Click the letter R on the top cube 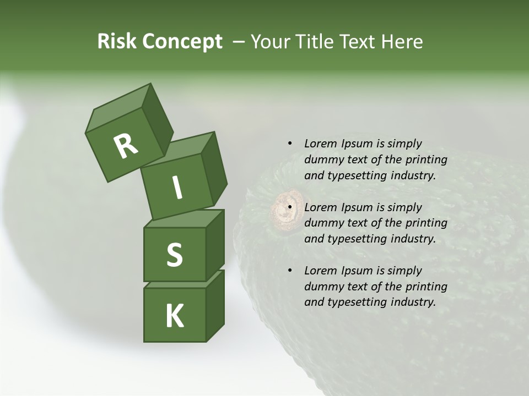(x=126, y=146)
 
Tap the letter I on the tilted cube (x=177, y=188)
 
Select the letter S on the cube (x=174, y=255)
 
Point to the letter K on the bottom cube (x=174, y=316)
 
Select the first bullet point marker (x=290, y=144)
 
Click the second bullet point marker (x=290, y=207)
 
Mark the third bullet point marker (x=290, y=271)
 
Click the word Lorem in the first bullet (x=320, y=144)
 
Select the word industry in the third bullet (x=413, y=302)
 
